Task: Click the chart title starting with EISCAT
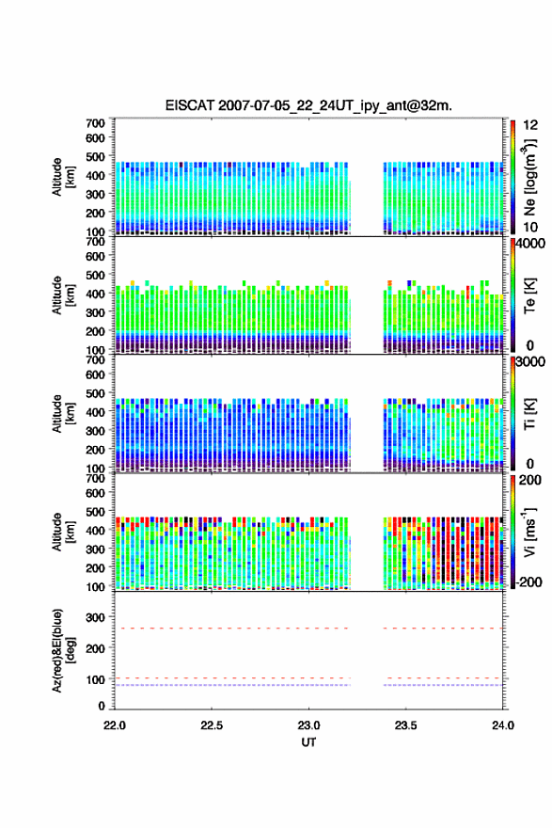[x=308, y=105]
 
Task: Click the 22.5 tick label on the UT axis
[x=212, y=725]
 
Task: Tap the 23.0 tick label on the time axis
[x=308, y=725]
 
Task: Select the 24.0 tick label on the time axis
[x=502, y=725]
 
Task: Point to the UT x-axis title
[x=308, y=742]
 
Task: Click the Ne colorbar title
[x=529, y=178]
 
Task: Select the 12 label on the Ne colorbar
[x=530, y=125]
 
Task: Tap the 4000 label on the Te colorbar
[x=530, y=244]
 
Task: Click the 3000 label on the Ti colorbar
[x=530, y=361]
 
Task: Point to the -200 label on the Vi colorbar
[x=529, y=581]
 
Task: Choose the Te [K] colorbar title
[x=529, y=295]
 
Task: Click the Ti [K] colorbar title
[x=529, y=414]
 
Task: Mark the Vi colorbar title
[x=529, y=533]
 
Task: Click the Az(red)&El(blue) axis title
[x=62, y=650]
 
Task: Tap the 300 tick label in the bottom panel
[x=96, y=617]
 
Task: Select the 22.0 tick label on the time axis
[x=115, y=725]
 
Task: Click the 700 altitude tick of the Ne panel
[x=96, y=123]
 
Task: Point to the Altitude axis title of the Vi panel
[x=62, y=533]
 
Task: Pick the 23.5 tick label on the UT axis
[x=406, y=725]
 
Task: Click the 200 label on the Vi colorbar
[x=529, y=480]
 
